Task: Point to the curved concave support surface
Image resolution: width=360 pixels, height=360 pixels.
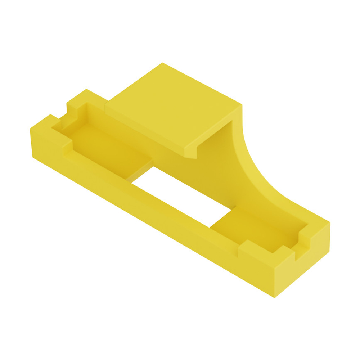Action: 252,162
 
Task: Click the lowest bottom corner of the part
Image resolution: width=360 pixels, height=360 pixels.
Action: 276,297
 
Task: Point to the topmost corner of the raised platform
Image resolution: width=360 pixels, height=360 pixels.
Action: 162,64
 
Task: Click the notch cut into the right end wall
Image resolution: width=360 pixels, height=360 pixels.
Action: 302,248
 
